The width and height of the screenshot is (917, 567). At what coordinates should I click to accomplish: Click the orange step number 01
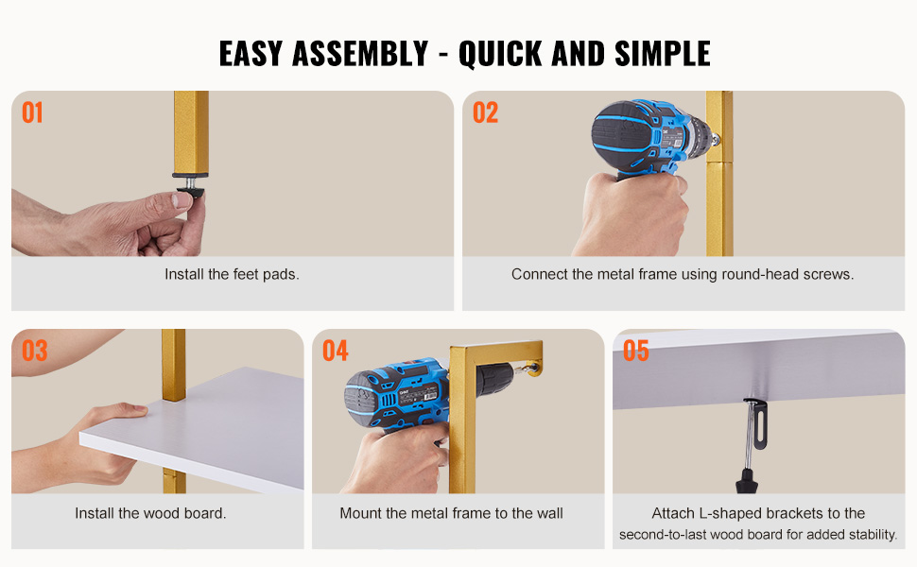pos(32,112)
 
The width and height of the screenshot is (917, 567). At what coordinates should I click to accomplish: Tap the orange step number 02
pos(485,112)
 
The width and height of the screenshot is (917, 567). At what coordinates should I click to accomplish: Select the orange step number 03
pos(34,351)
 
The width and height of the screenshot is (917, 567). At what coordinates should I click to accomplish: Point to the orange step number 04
pos(335,351)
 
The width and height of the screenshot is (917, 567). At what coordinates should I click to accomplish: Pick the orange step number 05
pos(635,351)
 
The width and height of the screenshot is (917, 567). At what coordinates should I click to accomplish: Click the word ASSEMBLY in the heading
pos(360,54)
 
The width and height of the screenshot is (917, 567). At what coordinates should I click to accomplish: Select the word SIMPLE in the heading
pos(663,54)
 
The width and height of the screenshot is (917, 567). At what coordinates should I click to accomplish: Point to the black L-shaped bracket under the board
pos(757,421)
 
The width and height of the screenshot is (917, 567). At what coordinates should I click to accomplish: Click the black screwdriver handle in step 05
pos(746,480)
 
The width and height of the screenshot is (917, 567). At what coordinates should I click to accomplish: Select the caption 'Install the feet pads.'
pos(232,274)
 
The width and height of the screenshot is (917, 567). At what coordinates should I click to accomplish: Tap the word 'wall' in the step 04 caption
pos(550,513)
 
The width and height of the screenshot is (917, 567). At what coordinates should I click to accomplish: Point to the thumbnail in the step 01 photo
pos(182,200)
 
